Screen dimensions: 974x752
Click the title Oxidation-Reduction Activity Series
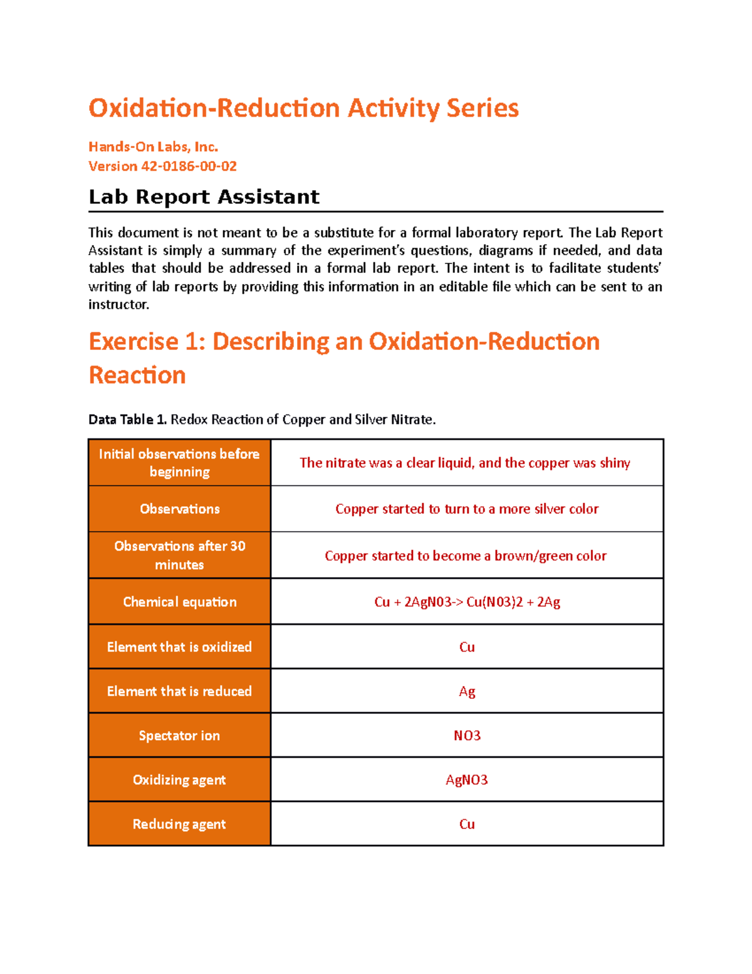303,108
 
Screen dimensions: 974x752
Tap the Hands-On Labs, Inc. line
153,147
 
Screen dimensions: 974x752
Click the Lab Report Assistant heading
204,197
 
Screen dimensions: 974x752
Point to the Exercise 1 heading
343,357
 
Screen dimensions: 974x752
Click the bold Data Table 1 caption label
127,420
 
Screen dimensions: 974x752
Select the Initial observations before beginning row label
179,463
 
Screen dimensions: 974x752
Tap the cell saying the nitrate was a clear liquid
464,463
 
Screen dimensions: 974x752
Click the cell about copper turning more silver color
466,509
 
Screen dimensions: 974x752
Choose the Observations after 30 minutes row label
179,555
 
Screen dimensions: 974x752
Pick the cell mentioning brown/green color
465,556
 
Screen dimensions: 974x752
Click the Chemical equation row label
179,602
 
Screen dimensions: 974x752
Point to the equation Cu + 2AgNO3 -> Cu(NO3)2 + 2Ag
467,602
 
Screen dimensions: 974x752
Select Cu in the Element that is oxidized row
467,647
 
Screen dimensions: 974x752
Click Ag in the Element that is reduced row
467,691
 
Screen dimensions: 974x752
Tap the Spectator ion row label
179,736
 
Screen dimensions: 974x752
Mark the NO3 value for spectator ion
467,736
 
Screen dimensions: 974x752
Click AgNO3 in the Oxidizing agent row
467,780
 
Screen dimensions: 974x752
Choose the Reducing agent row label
179,824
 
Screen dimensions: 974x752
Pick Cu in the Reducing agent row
467,824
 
